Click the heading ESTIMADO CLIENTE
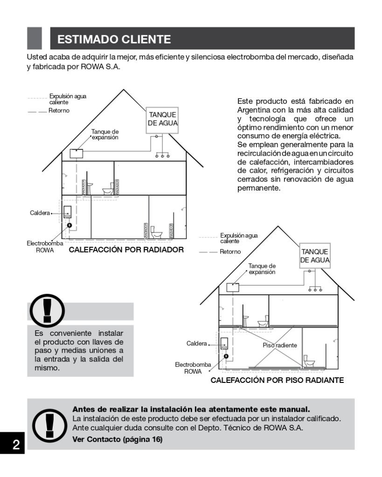point(114,39)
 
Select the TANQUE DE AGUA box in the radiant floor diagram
point(314,255)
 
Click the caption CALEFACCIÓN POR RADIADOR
point(126,250)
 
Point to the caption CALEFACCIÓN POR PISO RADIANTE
point(278,380)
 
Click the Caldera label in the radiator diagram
point(40,213)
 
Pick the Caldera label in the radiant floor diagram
point(196,344)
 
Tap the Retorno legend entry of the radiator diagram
point(59,111)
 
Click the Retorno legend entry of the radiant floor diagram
point(230,252)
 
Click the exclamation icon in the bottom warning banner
point(49,424)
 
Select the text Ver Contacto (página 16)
point(117,439)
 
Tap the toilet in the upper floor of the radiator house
point(108,190)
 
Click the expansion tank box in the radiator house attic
point(76,153)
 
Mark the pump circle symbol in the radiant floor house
point(226,356)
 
